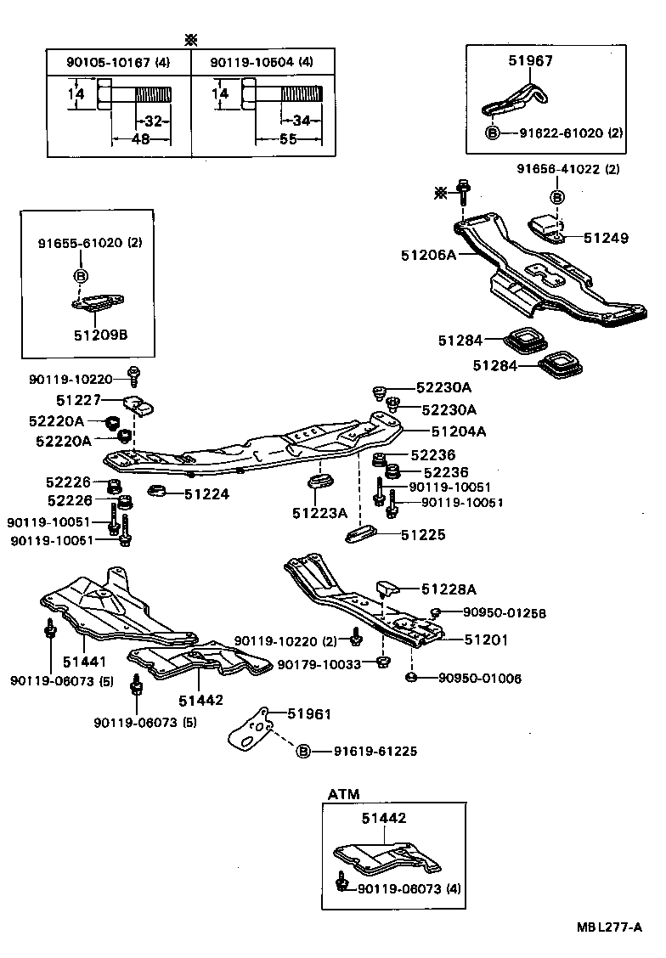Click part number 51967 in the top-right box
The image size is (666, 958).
[x=530, y=60]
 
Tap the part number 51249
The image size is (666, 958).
[x=606, y=238]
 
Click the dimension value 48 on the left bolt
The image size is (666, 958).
[x=140, y=138]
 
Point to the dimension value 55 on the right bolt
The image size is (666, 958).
[x=288, y=138]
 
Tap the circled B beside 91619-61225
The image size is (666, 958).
[x=303, y=751]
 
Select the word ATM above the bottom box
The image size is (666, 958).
[x=343, y=794]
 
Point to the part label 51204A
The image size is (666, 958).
[x=458, y=431]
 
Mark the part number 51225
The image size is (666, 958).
[x=423, y=535]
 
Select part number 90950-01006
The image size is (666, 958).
[x=480, y=678]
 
